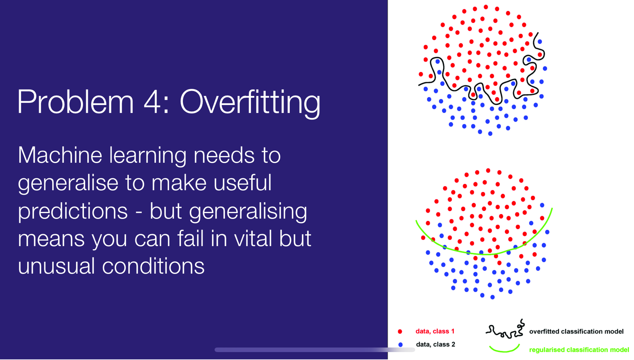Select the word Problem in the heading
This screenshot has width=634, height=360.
click(75, 101)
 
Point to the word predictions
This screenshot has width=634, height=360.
click(73, 212)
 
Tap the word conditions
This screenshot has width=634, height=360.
click(153, 266)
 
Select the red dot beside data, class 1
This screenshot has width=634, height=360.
click(400, 331)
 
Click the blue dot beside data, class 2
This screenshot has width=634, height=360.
click(401, 344)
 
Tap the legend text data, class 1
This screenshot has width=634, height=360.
click(435, 331)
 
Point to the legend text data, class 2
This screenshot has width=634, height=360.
click(436, 344)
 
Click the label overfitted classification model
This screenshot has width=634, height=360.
click(576, 332)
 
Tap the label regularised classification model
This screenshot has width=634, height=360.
click(579, 350)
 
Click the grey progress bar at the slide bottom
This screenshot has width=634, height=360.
click(315, 350)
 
